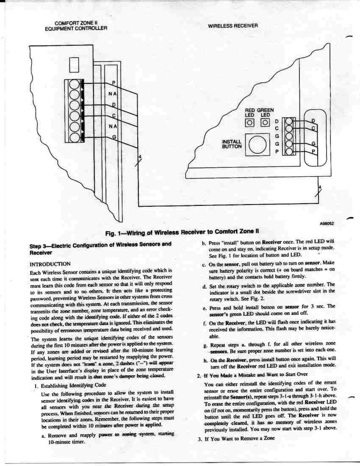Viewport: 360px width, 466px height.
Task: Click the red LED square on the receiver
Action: pyautogui.click(x=250, y=123)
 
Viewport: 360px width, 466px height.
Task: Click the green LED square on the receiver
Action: pyautogui.click(x=265, y=123)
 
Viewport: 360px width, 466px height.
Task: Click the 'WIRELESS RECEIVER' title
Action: pyautogui.click(x=233, y=26)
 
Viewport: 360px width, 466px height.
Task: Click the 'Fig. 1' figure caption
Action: pyautogui.click(x=182, y=232)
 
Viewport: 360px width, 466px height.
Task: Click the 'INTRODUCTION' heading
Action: pyautogui.click(x=50, y=264)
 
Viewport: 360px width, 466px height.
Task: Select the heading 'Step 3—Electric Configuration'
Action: pyautogui.click(x=100, y=248)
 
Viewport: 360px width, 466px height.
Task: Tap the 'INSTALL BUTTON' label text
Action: pyautogui.click(x=232, y=144)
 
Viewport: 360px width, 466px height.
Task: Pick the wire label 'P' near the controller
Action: pyautogui.click(x=113, y=82)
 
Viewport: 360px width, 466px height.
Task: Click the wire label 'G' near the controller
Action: pyautogui.click(x=113, y=136)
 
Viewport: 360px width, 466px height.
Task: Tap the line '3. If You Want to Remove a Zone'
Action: pyautogui.click(x=236, y=439)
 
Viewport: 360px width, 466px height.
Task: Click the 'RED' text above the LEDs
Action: pyautogui.click(x=250, y=110)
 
